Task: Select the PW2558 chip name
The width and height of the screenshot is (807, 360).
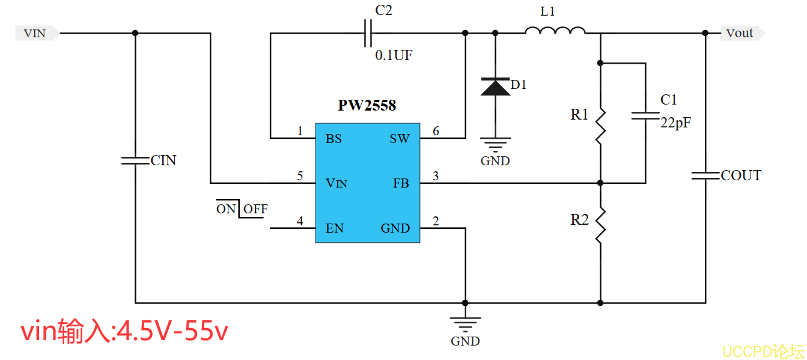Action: pyautogui.click(x=367, y=106)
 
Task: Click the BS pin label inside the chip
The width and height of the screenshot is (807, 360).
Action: pyautogui.click(x=333, y=139)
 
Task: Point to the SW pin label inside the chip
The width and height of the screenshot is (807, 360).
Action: pyautogui.click(x=400, y=139)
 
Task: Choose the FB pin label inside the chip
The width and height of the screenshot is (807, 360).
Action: pyautogui.click(x=401, y=183)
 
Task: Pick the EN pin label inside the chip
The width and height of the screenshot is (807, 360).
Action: pyautogui.click(x=335, y=228)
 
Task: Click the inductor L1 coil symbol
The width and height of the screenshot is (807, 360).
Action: pyautogui.click(x=555, y=31)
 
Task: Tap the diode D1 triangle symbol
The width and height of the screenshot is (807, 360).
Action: pyautogui.click(x=495, y=87)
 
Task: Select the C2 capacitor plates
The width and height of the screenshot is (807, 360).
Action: pyautogui.click(x=368, y=34)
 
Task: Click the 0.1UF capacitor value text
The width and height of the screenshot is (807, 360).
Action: pyautogui.click(x=394, y=56)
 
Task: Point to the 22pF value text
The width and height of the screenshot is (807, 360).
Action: pyautogui.click(x=675, y=123)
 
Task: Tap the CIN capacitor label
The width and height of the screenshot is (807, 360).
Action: pyautogui.click(x=163, y=160)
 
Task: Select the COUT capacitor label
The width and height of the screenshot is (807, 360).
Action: pyautogui.click(x=741, y=175)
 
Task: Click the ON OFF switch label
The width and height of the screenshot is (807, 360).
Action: pyautogui.click(x=242, y=209)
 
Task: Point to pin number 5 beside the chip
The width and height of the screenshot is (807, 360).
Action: pyautogui.click(x=300, y=176)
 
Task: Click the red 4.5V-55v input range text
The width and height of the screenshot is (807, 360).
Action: pyautogui.click(x=125, y=332)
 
